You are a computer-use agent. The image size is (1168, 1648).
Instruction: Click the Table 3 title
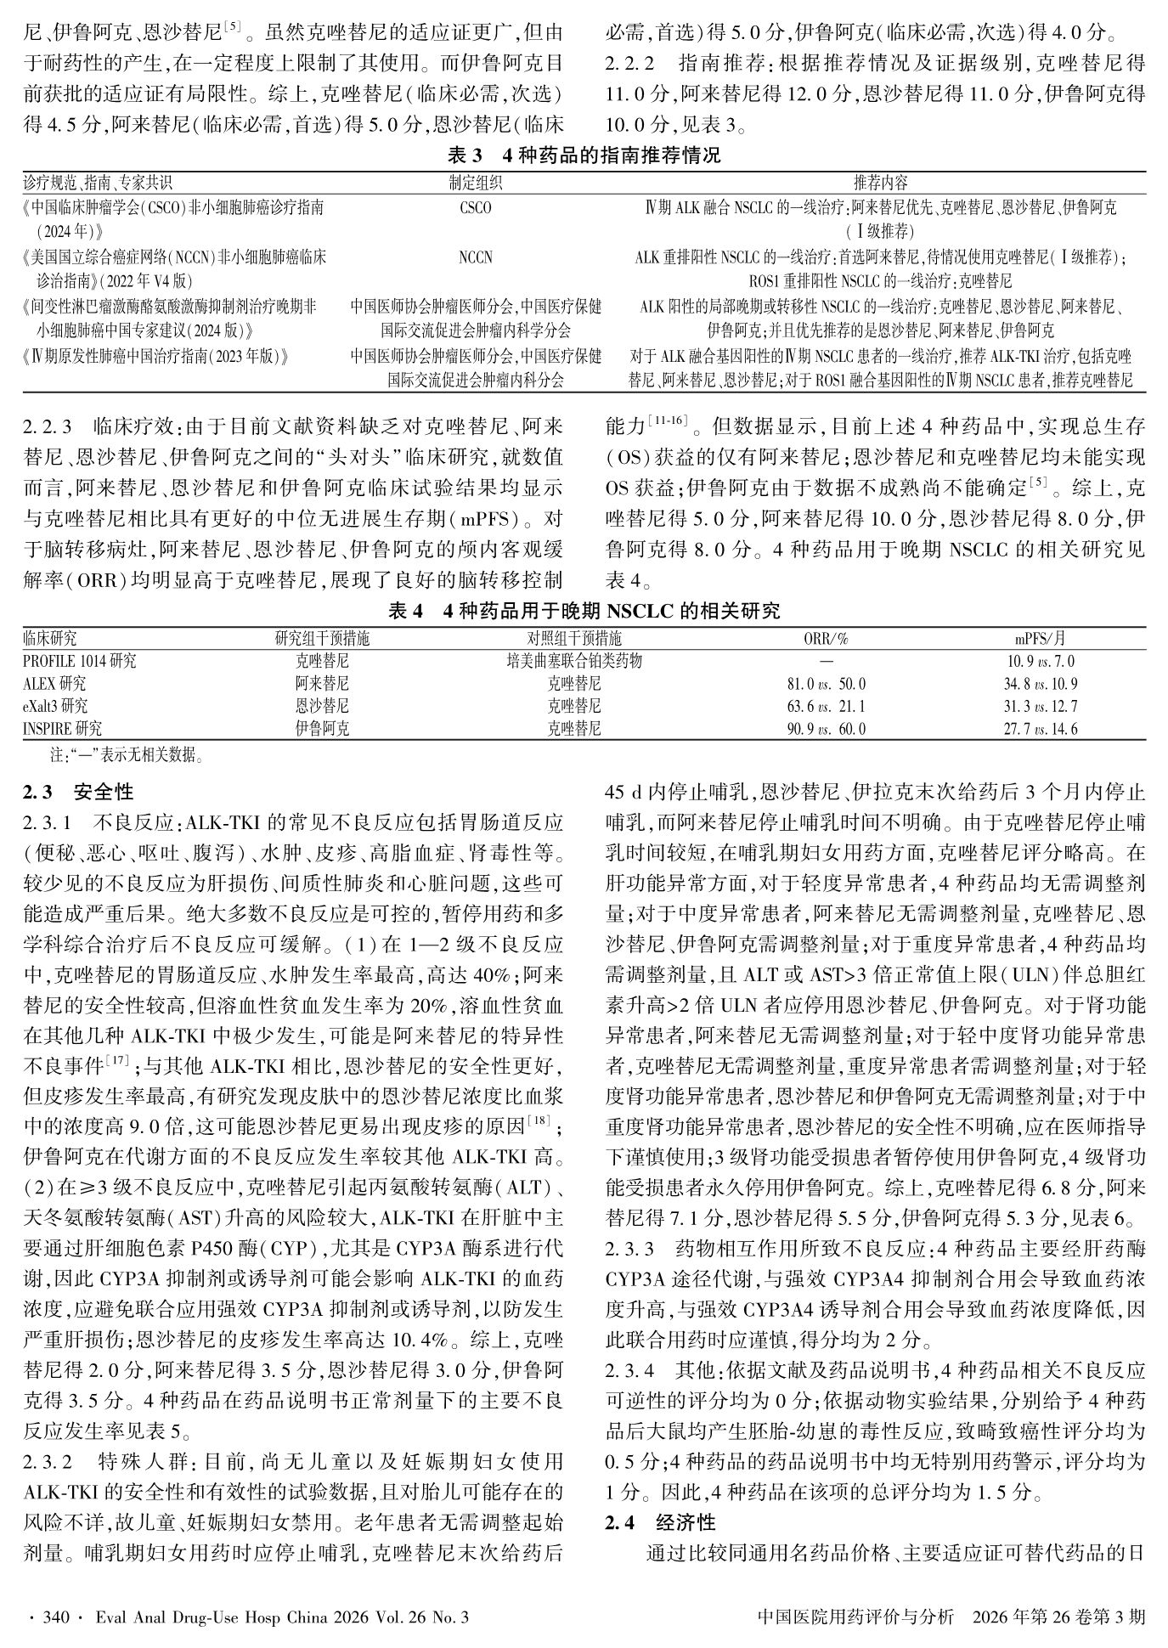(x=584, y=155)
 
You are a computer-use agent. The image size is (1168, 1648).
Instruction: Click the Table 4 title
(x=584, y=611)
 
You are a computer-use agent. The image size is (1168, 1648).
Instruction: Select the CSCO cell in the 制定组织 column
(x=475, y=207)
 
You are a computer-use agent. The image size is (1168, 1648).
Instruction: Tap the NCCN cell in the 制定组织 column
(x=475, y=257)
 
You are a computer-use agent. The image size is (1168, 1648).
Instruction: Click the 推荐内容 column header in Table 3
(x=880, y=183)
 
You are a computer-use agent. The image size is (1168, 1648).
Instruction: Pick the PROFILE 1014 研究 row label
(x=80, y=660)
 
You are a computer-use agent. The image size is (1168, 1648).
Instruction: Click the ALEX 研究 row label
(x=54, y=683)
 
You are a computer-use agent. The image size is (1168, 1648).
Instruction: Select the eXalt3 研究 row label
(x=56, y=706)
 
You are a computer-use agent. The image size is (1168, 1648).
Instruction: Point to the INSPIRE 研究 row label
(x=63, y=729)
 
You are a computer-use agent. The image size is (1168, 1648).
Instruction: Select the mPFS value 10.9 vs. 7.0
(x=1040, y=661)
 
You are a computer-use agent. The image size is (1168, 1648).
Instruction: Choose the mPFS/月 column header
(x=1040, y=638)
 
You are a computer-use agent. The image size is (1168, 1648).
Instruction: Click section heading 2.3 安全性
(x=79, y=793)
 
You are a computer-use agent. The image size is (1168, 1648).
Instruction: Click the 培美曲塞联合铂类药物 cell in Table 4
(x=574, y=660)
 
